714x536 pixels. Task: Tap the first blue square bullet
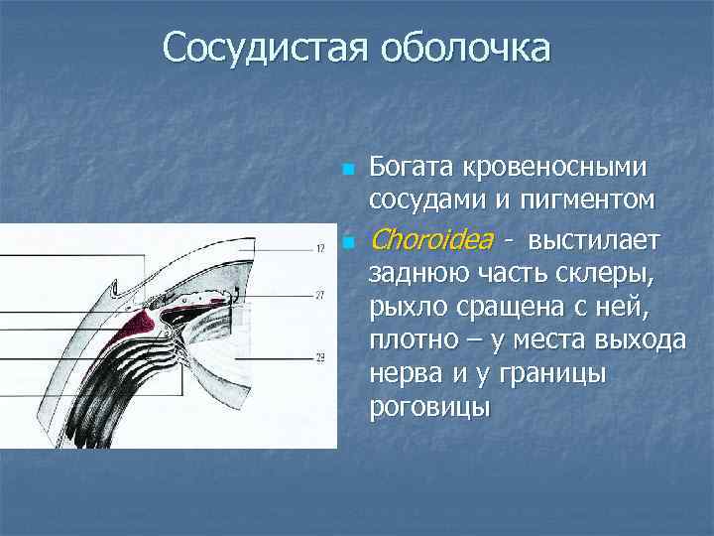pyautogui.click(x=346, y=170)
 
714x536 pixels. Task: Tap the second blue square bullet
pyautogui.click(x=346, y=242)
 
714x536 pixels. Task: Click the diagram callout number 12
pyautogui.click(x=320, y=249)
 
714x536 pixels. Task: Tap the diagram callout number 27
pyautogui.click(x=320, y=295)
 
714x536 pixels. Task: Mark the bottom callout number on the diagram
pyautogui.click(x=320, y=357)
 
